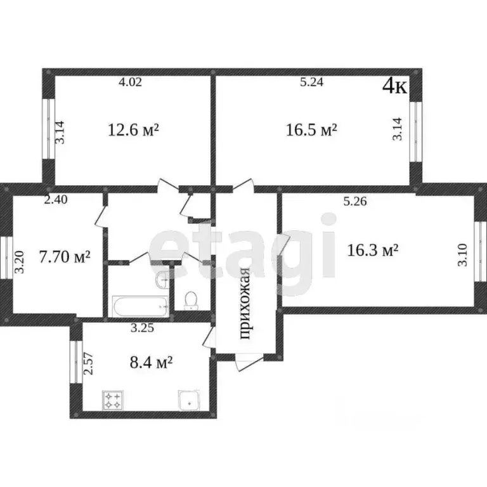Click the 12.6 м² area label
click(x=133, y=130)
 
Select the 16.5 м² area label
click(x=311, y=130)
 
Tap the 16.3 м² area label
click(x=372, y=250)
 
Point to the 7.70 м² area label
click(x=65, y=257)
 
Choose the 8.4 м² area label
click(x=151, y=362)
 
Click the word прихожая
click(x=245, y=304)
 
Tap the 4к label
click(x=394, y=86)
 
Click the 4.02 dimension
click(x=130, y=82)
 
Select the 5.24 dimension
click(x=312, y=82)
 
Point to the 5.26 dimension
click(x=355, y=202)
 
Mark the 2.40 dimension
click(x=56, y=199)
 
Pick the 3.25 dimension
click(x=142, y=328)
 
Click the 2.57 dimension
click(x=89, y=363)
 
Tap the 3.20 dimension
click(x=19, y=262)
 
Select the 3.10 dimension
click(x=462, y=255)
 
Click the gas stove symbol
click(x=112, y=400)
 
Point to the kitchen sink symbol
click(x=190, y=400)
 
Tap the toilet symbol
click(x=191, y=301)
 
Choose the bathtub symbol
click(x=140, y=306)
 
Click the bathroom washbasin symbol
click(x=162, y=278)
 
